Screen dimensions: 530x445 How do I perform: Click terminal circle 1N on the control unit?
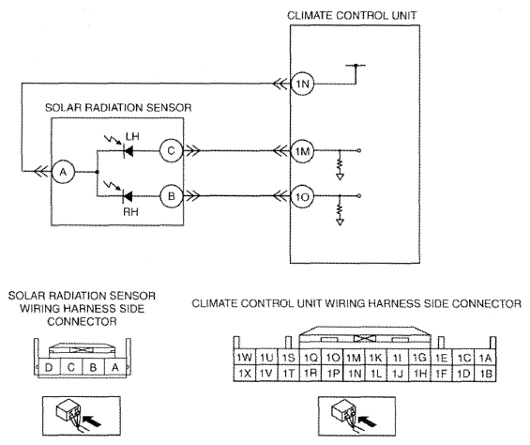pyautogui.click(x=302, y=84)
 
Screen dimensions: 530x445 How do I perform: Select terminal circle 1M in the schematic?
pyautogui.click(x=302, y=151)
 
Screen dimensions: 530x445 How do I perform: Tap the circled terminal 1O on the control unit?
pyautogui.click(x=302, y=196)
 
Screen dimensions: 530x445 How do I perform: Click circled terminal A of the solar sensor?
pyautogui.click(x=63, y=172)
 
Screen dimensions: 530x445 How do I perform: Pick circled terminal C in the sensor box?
pyautogui.click(x=172, y=150)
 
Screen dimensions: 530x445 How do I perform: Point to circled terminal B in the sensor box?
pyautogui.click(x=172, y=196)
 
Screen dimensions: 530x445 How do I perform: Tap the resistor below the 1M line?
pyautogui.click(x=340, y=164)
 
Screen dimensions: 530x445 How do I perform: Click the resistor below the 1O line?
pyautogui.click(x=340, y=209)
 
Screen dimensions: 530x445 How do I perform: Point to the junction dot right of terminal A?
pyautogui.click(x=98, y=172)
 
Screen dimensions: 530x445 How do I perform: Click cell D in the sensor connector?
pyautogui.click(x=49, y=367)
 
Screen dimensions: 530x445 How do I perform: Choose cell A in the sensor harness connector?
pyautogui.click(x=115, y=367)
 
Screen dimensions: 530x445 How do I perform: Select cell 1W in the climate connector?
pyautogui.click(x=245, y=357)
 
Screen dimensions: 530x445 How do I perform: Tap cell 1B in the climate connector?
pyautogui.click(x=485, y=374)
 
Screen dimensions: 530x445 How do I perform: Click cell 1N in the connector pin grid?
pyautogui.click(x=355, y=374)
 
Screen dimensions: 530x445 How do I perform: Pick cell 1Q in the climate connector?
pyautogui.click(x=310, y=357)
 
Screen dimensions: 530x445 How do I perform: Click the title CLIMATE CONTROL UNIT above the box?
pyautogui.click(x=352, y=16)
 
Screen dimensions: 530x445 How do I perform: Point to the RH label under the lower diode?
pyautogui.click(x=130, y=212)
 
